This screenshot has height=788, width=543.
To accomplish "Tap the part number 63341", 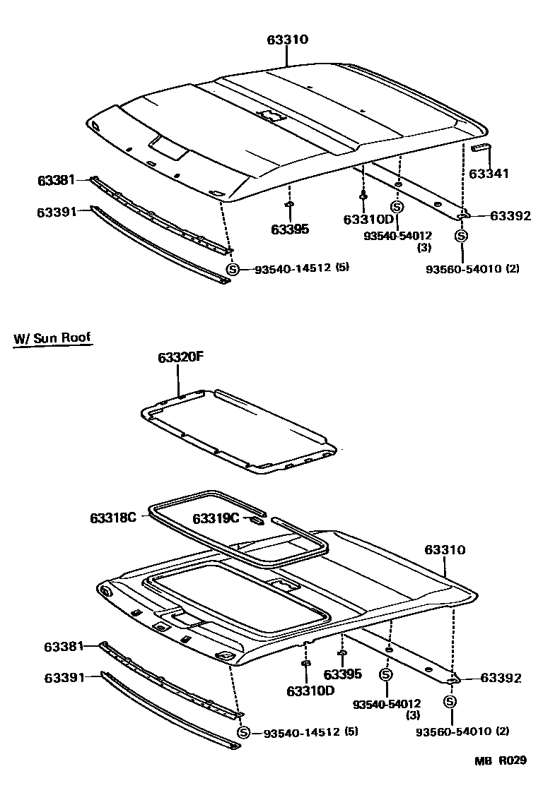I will pyautogui.click(x=489, y=173).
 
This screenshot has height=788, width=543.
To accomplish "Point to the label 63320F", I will pyautogui.click(x=180, y=358).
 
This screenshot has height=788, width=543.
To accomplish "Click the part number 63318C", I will pyautogui.click(x=112, y=518).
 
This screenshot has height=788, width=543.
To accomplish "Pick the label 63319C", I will pyautogui.click(x=216, y=519).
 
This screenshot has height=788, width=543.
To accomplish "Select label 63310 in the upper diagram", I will pyautogui.click(x=287, y=40).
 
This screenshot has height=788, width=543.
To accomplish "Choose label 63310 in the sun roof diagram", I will pyautogui.click(x=445, y=549).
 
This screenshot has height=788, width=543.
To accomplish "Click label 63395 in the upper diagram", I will pyautogui.click(x=290, y=229).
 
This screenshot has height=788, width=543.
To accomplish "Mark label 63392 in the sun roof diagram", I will pyautogui.click(x=501, y=678).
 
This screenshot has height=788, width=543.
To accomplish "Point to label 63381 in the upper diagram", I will pyautogui.click(x=57, y=181).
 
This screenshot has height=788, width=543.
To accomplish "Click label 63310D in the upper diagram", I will pyautogui.click(x=368, y=220).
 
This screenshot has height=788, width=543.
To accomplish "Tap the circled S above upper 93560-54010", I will pyautogui.click(x=461, y=236).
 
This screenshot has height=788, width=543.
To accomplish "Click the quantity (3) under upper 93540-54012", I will pyautogui.click(x=424, y=247).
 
